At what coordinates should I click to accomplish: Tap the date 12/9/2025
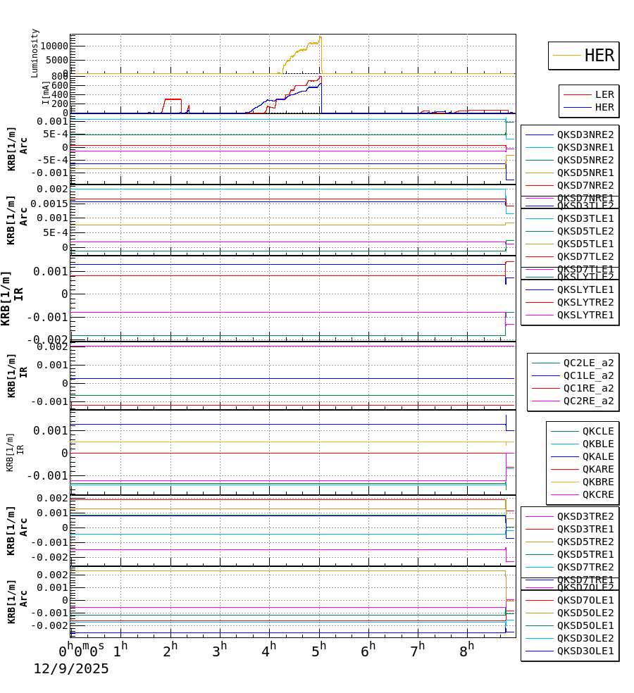[71, 669]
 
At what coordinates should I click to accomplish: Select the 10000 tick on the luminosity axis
[54, 46]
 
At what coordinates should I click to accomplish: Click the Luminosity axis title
[35, 53]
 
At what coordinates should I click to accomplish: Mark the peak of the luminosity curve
[321, 37]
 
